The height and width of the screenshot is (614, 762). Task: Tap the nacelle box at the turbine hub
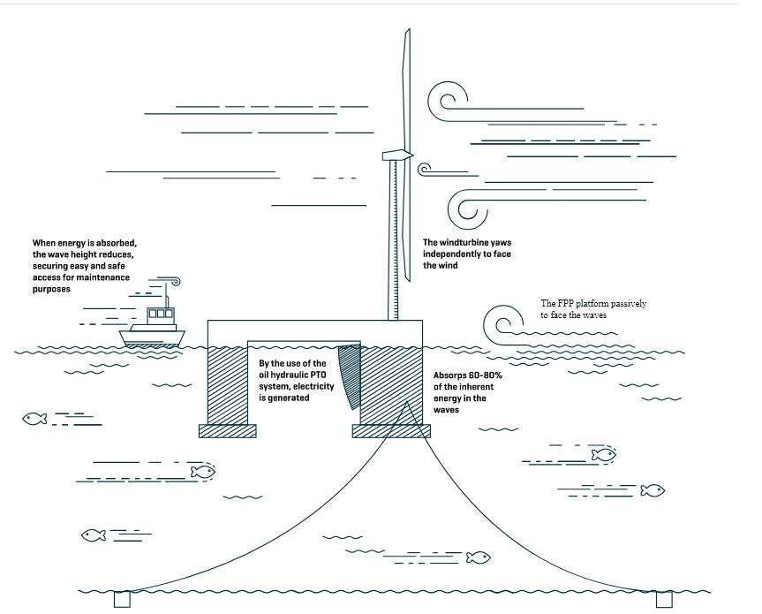pyautogui.click(x=395, y=156)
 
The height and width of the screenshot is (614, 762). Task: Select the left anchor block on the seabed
pyautogui.click(x=122, y=599)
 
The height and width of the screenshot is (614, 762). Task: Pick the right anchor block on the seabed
pyautogui.click(x=664, y=599)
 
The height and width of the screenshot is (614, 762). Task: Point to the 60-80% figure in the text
pyautogui.click(x=482, y=375)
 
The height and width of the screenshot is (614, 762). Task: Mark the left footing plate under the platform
pyautogui.click(x=227, y=430)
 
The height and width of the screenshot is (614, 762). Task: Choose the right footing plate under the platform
pyautogui.click(x=392, y=430)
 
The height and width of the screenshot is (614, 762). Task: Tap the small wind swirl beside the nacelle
pyautogui.click(x=425, y=168)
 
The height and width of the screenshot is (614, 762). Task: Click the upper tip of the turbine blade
pyautogui.click(x=407, y=35)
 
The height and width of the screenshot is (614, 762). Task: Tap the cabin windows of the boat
pyautogui.click(x=160, y=313)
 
